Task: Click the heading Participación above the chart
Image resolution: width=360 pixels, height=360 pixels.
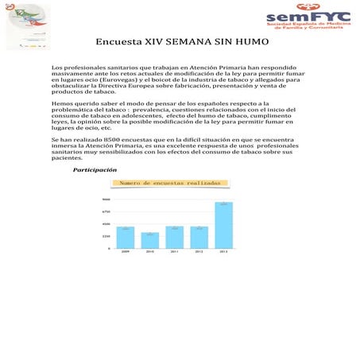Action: coord(95,170)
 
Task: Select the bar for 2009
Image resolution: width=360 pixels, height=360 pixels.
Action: coord(126,238)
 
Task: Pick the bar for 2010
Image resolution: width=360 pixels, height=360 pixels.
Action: coord(150,240)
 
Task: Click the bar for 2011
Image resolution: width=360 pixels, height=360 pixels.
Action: coord(175,237)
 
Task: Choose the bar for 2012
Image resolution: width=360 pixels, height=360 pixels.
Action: coord(199,237)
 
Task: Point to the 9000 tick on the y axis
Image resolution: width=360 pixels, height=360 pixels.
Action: coord(106,199)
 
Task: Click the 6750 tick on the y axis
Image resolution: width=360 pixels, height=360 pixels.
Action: coord(106,211)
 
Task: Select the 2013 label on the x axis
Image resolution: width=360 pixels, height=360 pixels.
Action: coord(224,252)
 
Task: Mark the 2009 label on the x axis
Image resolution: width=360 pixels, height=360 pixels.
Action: coord(126,252)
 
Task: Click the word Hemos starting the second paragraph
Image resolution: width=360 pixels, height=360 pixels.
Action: coord(63,104)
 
